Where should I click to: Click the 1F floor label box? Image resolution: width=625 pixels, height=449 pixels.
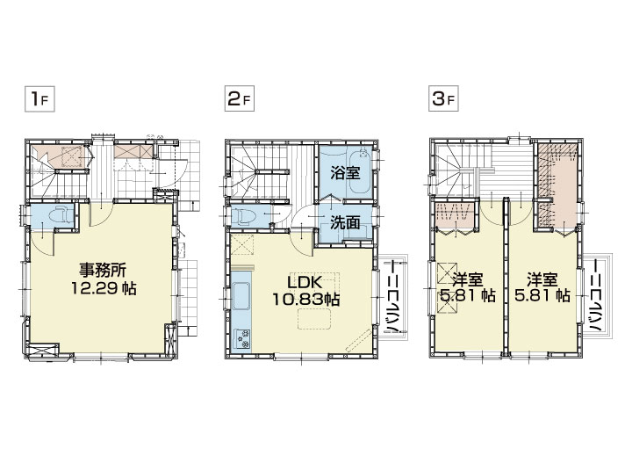coord(40,98)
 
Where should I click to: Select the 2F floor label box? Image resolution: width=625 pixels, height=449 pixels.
coord(239,98)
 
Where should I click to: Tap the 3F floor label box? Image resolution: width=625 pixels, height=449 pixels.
coord(443,98)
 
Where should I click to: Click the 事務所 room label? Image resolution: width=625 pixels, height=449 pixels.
coord(103,271)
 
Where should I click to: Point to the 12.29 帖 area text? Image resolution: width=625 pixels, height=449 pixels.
coord(104,287)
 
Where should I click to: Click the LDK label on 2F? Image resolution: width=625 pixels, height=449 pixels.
coord(305,282)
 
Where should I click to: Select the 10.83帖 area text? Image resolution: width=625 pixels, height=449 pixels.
coord(305,299)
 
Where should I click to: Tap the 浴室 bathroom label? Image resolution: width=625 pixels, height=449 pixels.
coord(345,173)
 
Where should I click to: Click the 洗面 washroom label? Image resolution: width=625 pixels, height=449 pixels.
coord(345,222)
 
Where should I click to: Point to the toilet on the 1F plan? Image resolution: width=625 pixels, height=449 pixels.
coord(61,216)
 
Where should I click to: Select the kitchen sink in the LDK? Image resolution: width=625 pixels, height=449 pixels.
coord(241,295)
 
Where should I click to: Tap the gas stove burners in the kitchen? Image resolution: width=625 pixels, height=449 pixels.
coord(242,337)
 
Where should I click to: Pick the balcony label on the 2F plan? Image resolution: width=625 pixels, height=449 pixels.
coord(393,296)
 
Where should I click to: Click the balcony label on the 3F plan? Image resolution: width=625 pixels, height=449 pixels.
coord(595,296)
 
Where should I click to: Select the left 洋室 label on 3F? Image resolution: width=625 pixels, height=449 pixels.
coord(467,279)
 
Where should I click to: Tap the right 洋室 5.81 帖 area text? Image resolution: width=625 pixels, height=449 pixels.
coord(542,296)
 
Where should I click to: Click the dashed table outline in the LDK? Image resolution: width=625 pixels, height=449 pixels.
coord(314,320)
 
